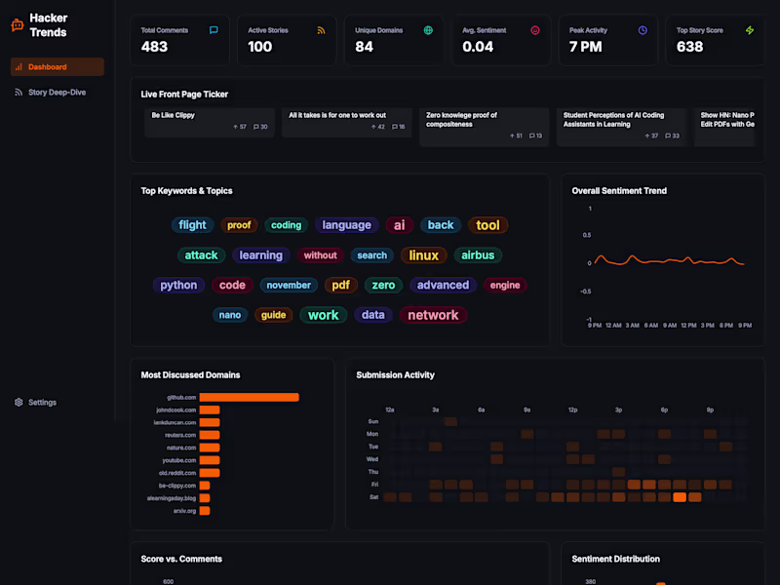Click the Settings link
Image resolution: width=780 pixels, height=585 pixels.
click(42, 403)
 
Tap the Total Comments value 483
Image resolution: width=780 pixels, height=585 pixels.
click(154, 47)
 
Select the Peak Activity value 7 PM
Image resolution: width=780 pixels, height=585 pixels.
click(585, 47)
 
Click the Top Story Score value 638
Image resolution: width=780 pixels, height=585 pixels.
click(689, 47)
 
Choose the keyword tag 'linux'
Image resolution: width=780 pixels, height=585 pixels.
click(423, 255)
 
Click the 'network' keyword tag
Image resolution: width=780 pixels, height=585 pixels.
click(433, 315)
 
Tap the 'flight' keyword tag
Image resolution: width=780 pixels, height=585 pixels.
click(192, 225)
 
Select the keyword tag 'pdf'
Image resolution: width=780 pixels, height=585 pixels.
click(340, 286)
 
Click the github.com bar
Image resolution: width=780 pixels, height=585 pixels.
click(249, 397)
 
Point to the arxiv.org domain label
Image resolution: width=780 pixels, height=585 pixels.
click(185, 510)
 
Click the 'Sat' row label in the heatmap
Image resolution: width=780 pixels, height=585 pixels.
click(372, 496)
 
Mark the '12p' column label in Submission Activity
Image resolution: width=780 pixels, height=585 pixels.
click(572, 410)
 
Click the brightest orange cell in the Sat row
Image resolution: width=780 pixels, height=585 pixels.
click(680, 496)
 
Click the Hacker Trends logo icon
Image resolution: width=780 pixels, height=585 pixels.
click(17, 25)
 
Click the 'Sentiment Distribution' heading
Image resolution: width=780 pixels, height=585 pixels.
click(615, 559)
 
